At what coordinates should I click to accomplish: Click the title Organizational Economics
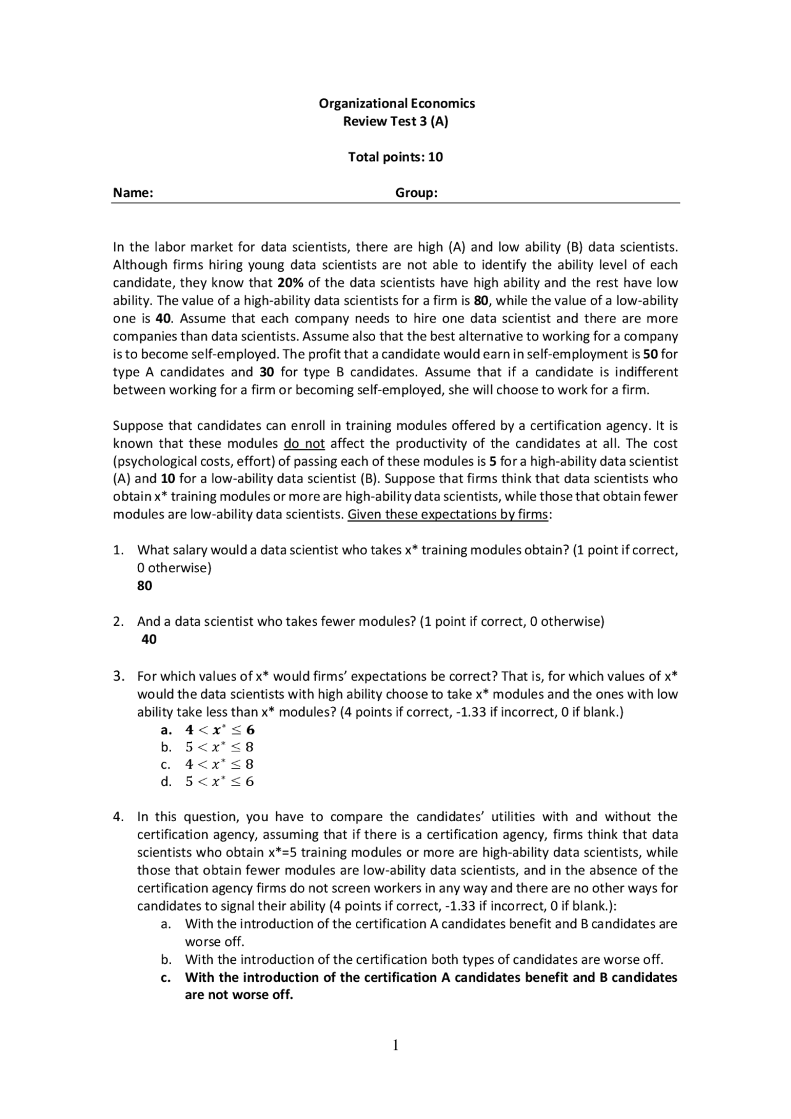pos(396,103)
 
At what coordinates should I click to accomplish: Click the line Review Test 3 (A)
pos(395,121)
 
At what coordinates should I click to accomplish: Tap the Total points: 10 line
pos(395,157)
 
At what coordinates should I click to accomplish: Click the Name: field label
pos(133,193)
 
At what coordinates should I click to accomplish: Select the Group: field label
pos(416,193)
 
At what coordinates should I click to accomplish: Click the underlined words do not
pos(304,444)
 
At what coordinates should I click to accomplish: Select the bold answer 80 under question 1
pos(145,586)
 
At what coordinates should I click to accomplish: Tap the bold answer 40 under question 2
pos(149,640)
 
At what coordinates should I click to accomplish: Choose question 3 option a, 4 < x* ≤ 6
pos(219,730)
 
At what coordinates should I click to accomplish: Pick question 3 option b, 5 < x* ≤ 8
pos(219,747)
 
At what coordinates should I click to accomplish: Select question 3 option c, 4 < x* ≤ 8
pos(219,764)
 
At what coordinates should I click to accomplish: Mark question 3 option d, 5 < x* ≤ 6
pos(219,782)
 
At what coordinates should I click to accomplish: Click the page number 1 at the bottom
pos(395,1045)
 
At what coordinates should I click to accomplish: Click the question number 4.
pos(118,817)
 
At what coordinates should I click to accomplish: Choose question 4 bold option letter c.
pos(165,978)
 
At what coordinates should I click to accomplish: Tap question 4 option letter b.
pos(166,960)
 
